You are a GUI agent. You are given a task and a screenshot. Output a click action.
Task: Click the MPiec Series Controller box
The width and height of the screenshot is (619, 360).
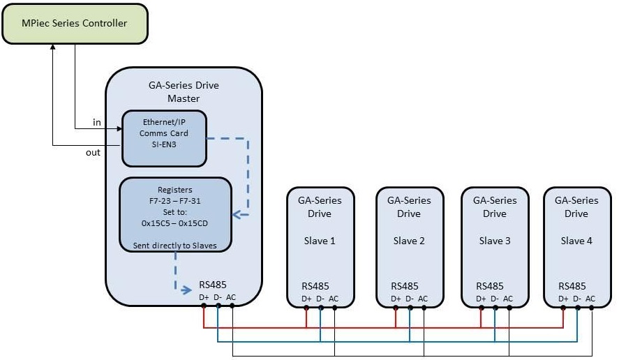click(x=75, y=24)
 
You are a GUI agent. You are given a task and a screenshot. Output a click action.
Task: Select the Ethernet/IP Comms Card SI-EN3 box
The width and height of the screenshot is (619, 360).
click(x=164, y=138)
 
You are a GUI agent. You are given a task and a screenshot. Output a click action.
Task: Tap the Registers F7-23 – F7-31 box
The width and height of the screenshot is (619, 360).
click(x=175, y=214)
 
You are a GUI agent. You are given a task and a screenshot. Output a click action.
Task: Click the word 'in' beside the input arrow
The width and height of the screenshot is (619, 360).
click(x=97, y=123)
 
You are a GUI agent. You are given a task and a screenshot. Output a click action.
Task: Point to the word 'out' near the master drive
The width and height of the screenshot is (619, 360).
click(x=93, y=152)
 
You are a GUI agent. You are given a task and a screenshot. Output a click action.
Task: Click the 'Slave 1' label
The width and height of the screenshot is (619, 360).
click(x=320, y=241)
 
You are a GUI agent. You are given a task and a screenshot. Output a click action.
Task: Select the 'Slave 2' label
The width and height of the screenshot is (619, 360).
click(x=409, y=241)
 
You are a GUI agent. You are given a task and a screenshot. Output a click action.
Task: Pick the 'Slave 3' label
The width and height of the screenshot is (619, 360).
click(x=494, y=241)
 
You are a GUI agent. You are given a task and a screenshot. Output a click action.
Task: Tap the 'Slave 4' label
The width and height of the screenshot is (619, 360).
click(x=576, y=241)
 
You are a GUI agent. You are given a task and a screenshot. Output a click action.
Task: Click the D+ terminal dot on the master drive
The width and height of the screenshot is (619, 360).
click(x=203, y=306)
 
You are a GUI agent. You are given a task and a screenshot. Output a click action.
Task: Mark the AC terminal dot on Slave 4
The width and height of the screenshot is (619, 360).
click(x=591, y=306)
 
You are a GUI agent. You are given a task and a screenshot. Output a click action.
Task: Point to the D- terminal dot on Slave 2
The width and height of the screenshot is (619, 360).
click(x=409, y=306)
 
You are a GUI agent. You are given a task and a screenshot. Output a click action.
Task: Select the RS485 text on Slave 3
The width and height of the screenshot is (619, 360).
click(x=490, y=285)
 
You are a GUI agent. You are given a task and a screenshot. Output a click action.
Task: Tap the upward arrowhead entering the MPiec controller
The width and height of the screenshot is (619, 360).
click(x=53, y=47)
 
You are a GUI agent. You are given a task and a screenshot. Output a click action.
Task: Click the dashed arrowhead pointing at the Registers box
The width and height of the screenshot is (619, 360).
click(x=236, y=214)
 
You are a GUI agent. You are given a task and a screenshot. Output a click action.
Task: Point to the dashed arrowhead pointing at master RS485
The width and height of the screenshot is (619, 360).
click(x=187, y=288)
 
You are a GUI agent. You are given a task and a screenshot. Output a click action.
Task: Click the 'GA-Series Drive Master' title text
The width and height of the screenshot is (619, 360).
click(x=184, y=92)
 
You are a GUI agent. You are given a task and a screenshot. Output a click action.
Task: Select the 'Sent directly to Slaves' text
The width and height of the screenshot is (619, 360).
click(x=175, y=246)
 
